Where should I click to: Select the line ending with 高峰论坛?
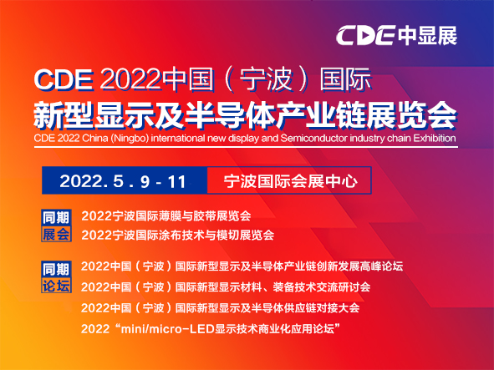[x=242, y=268]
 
